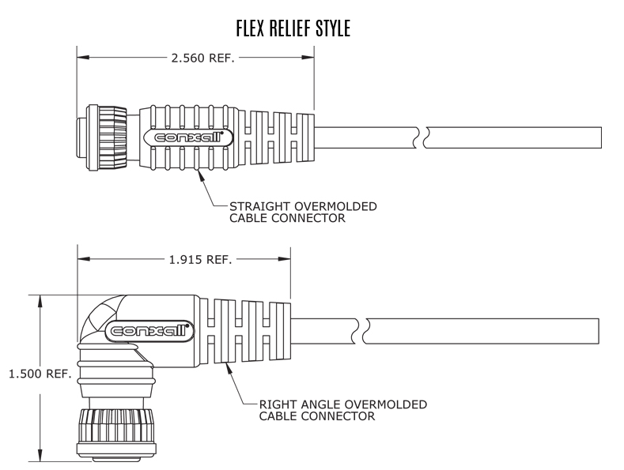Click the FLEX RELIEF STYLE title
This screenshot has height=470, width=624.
click(x=293, y=28)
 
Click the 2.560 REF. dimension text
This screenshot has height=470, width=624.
click(x=203, y=58)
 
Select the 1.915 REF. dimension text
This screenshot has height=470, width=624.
click(x=201, y=260)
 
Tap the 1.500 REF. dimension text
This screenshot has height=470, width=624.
click(x=40, y=374)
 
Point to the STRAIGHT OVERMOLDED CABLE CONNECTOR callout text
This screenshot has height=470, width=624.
click(x=303, y=212)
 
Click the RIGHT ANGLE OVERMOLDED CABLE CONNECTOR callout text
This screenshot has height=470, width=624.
click(x=343, y=410)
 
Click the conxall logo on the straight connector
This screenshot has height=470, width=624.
click(x=188, y=137)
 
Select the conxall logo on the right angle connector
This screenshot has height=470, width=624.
click(x=149, y=330)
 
